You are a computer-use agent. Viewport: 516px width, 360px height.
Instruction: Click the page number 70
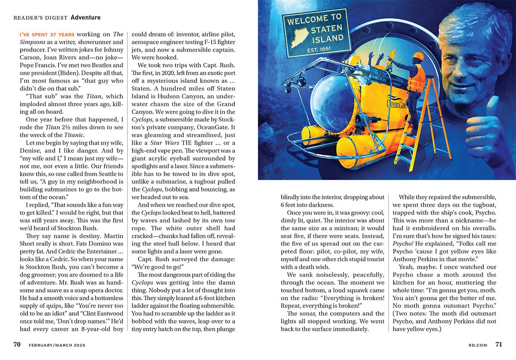[x=17, y=345]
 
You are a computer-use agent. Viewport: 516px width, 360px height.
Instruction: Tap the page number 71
[x=498, y=345]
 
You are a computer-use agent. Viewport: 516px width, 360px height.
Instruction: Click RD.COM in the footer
[x=477, y=345]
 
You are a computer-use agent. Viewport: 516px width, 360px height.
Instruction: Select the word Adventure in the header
[x=86, y=18]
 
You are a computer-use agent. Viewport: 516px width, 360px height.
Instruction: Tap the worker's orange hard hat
[x=417, y=56]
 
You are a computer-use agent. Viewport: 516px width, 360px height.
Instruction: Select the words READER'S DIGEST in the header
[x=40, y=18]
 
